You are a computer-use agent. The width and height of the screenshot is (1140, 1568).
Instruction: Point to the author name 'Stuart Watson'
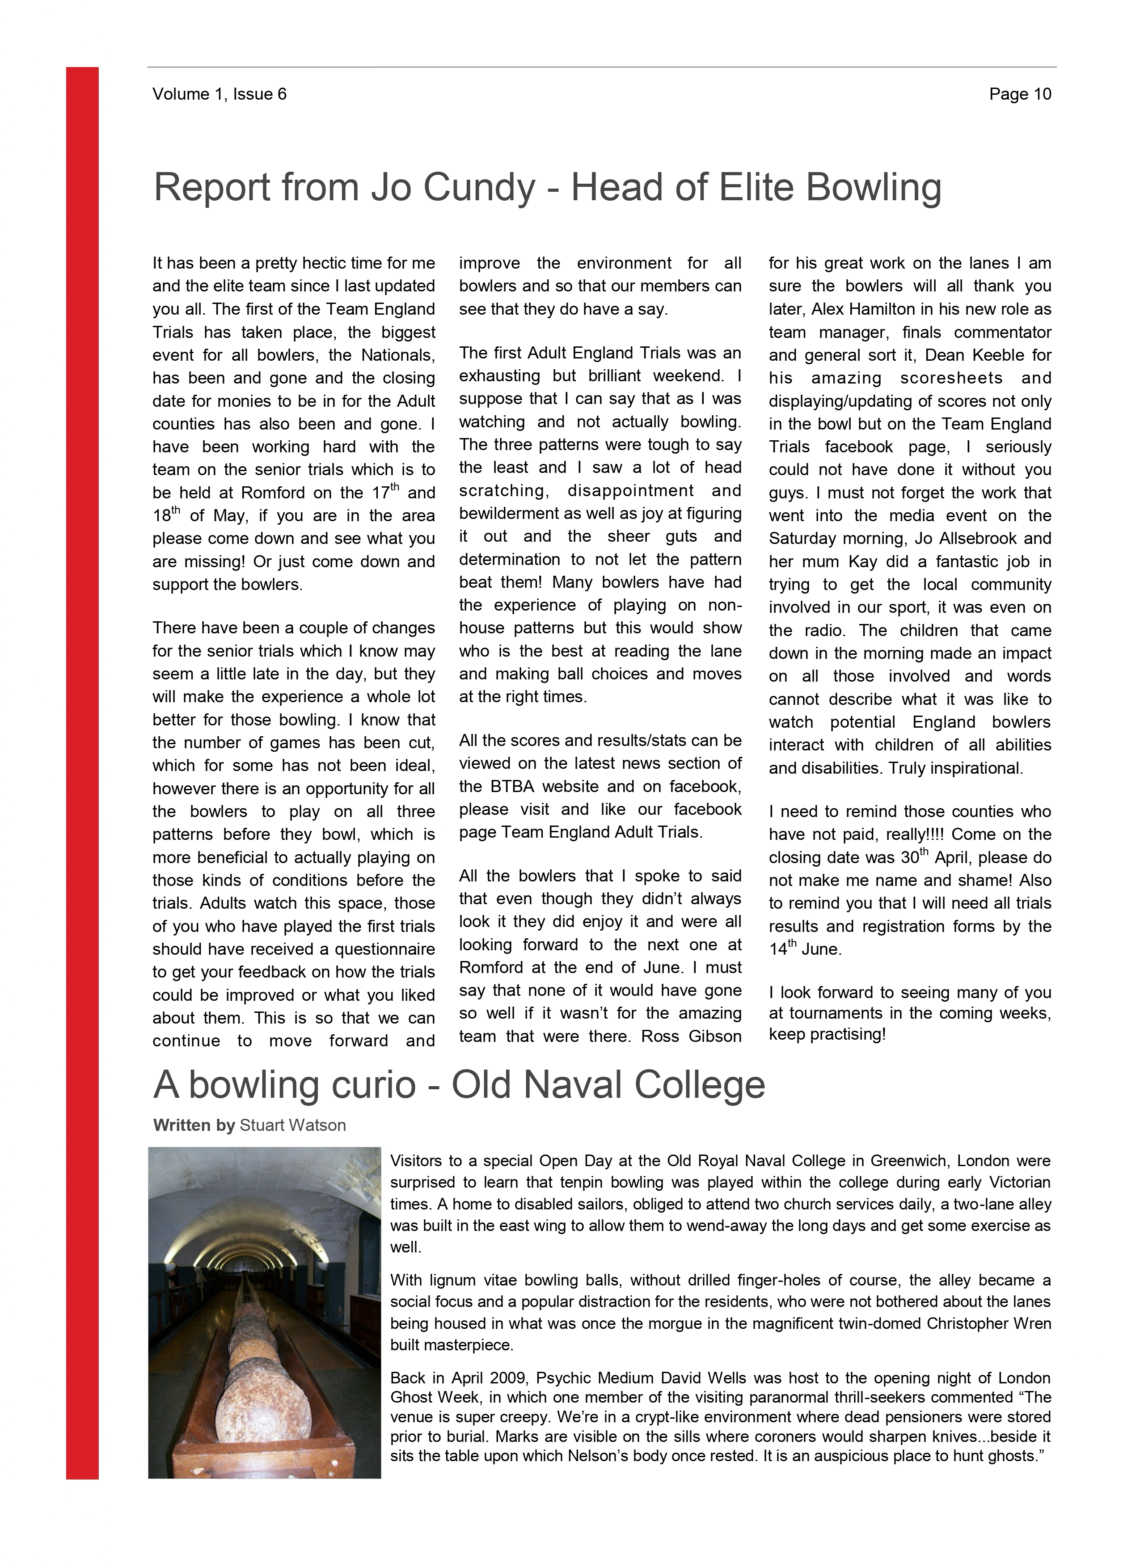[292, 1125]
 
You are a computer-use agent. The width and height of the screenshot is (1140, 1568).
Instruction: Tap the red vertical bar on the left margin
[82, 760]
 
